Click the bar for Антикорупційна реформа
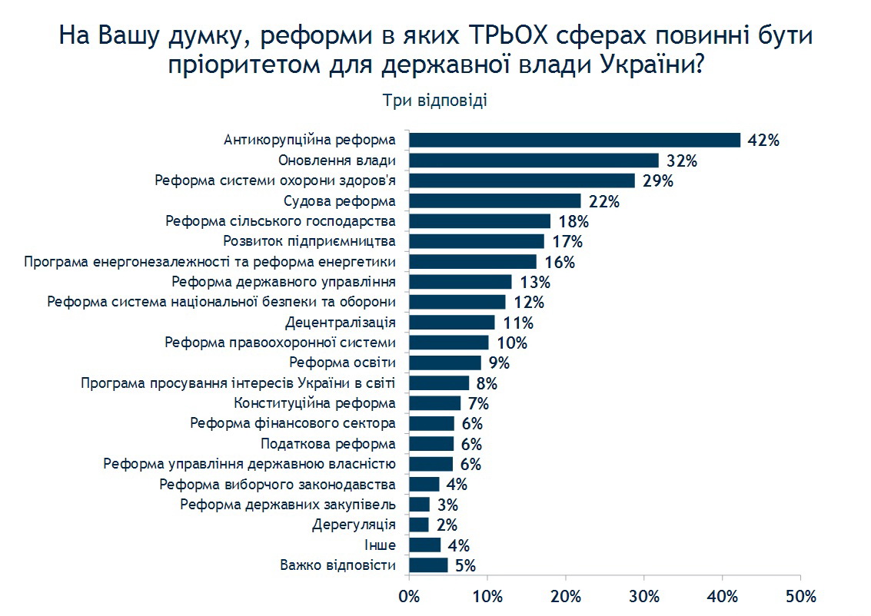tap(574, 140)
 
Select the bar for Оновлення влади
tap(534, 161)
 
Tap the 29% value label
tap(659, 181)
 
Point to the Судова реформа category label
tap(340, 201)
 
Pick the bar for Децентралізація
tap(452, 323)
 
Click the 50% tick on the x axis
tap(800, 596)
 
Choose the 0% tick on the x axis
tap(409, 596)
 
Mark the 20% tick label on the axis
tap(566, 596)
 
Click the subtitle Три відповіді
tap(434, 101)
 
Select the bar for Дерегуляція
tap(419, 525)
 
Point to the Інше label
tap(380, 545)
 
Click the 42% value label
tap(763, 141)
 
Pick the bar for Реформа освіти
tap(445, 363)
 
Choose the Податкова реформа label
tap(328, 444)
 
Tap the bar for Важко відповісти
tap(428, 565)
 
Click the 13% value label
tap(535, 282)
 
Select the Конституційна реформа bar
tap(435, 403)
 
